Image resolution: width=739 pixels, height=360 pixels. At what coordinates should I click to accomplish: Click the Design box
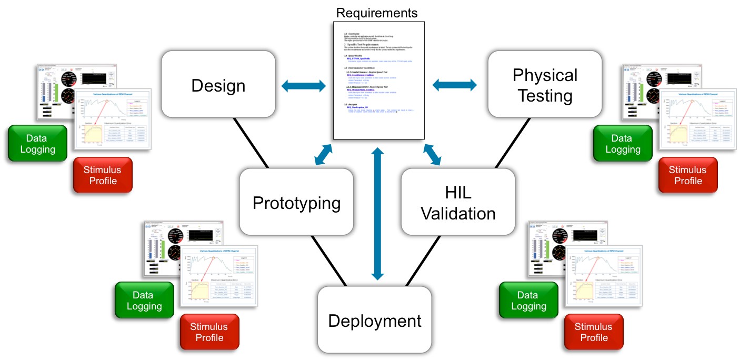[x=218, y=85]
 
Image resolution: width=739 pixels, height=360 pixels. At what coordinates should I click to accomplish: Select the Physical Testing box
[x=544, y=85]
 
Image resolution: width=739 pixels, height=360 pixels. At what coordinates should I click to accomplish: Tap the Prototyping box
[x=296, y=203]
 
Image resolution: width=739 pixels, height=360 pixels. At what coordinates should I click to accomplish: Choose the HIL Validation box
[x=457, y=203]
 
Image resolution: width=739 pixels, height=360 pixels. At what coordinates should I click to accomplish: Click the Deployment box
[x=374, y=320]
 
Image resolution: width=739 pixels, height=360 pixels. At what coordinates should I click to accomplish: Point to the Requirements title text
[x=376, y=13]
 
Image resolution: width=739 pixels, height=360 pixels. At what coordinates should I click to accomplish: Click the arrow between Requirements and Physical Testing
[x=454, y=84]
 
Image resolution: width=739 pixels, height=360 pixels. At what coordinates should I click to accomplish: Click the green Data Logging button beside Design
[x=37, y=143]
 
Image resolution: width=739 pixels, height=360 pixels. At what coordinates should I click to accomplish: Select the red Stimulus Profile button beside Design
[x=102, y=175]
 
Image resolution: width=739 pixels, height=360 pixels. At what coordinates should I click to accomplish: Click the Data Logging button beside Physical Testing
[x=623, y=143]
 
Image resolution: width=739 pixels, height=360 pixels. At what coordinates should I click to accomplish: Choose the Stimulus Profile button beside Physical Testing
[x=687, y=175]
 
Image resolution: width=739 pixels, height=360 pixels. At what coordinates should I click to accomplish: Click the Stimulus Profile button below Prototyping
[x=209, y=332]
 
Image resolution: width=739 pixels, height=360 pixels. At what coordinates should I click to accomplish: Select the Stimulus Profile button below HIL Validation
[x=593, y=332]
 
